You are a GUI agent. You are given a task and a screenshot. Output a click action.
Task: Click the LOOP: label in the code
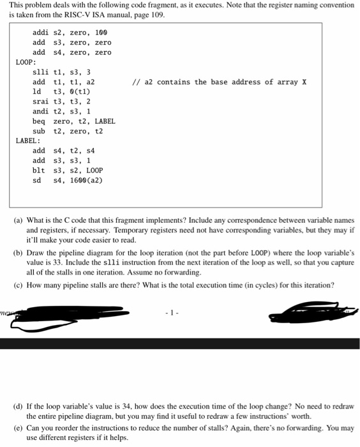click(x=26, y=62)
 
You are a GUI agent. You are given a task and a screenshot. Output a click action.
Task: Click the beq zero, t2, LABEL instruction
click(x=74, y=121)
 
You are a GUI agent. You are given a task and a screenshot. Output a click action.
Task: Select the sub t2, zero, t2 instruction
click(x=67, y=132)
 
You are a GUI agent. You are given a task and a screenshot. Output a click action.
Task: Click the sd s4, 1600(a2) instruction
click(x=67, y=181)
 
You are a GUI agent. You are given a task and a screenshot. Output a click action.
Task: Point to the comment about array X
click(x=219, y=82)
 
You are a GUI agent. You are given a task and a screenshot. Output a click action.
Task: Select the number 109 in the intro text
click(x=156, y=15)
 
